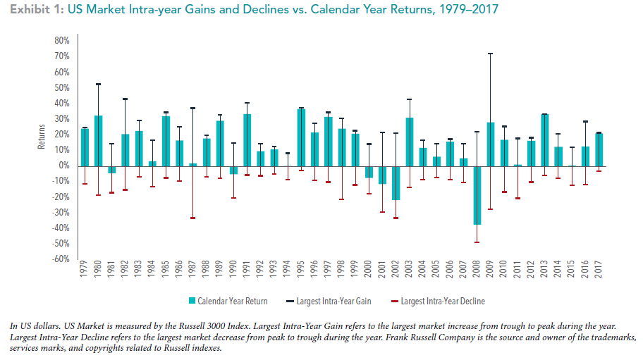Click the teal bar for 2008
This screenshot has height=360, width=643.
click(477, 195)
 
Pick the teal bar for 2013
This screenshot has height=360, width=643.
click(544, 140)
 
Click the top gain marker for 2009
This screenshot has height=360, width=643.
click(490, 54)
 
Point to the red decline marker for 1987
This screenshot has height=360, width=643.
click(193, 218)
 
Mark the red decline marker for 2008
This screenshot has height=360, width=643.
click(477, 242)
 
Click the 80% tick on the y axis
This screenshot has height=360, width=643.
click(60, 41)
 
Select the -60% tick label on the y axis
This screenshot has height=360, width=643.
click(59, 259)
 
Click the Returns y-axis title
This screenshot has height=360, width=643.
click(41, 138)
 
